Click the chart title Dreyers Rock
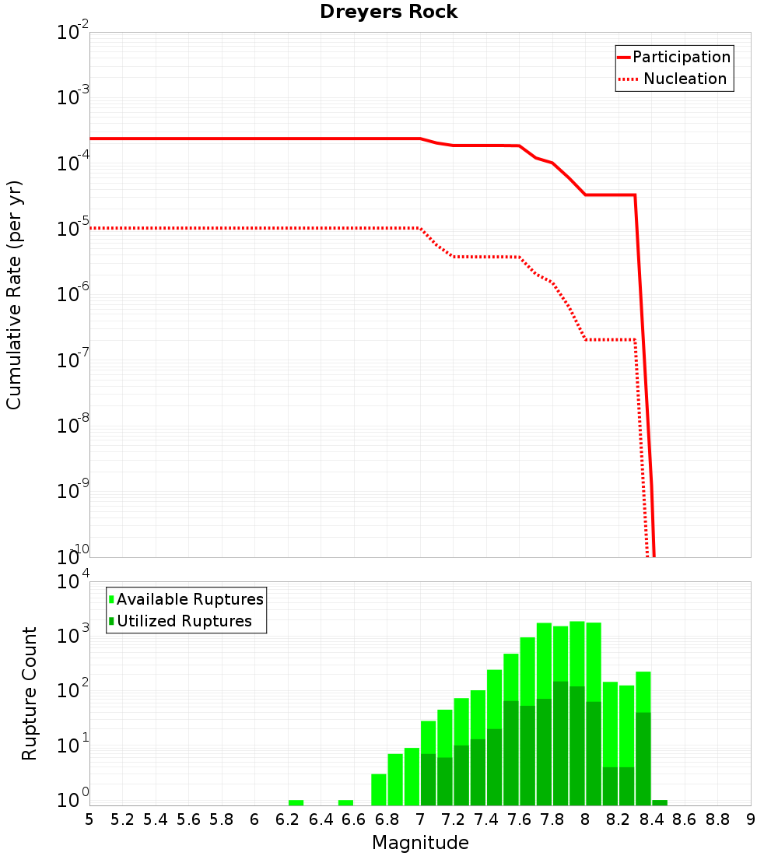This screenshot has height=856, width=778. [x=389, y=12]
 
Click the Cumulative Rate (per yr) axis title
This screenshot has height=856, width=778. [x=14, y=294]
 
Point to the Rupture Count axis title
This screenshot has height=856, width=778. [x=30, y=693]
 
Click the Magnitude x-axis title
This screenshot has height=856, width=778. [x=420, y=843]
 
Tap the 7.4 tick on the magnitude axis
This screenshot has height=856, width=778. [x=486, y=819]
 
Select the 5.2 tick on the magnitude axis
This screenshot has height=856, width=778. [x=122, y=819]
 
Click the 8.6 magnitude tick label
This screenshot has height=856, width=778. [x=685, y=819]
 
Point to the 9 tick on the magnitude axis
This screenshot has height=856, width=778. [x=751, y=819]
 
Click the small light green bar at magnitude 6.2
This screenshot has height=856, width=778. [x=296, y=802]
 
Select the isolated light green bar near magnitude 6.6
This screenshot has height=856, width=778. [x=345, y=802]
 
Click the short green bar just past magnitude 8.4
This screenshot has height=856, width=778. [x=660, y=802]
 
